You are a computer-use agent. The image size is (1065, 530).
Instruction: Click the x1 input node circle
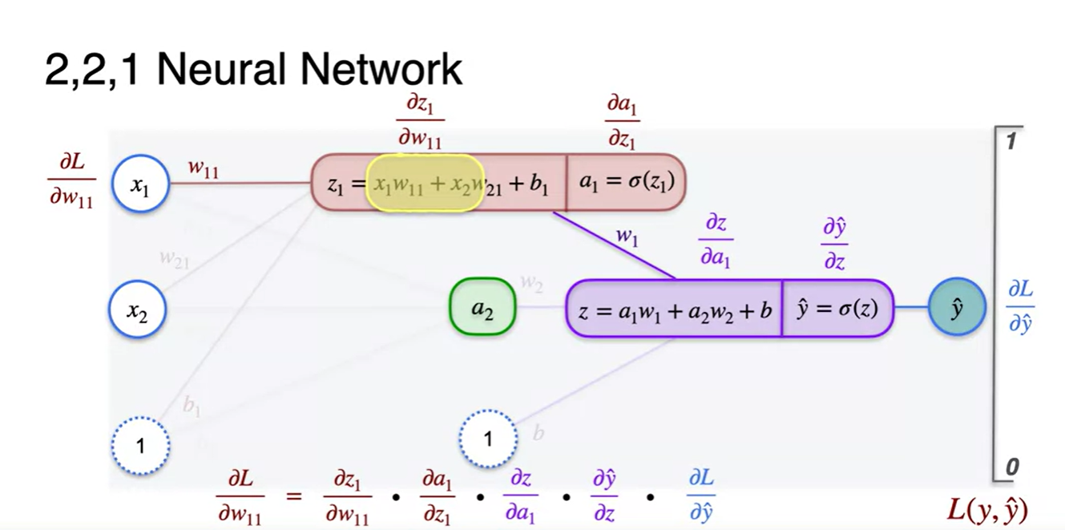tap(140, 186)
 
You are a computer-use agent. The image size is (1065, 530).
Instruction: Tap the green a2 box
tap(482, 308)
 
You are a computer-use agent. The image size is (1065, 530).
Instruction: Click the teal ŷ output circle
tap(956, 308)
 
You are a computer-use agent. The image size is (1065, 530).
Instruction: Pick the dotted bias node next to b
tap(489, 439)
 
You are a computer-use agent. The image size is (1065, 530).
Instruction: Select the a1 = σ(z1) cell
tap(626, 182)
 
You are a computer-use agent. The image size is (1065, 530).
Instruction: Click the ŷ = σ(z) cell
tap(837, 309)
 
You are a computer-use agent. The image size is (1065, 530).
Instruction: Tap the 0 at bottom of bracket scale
tap(1012, 467)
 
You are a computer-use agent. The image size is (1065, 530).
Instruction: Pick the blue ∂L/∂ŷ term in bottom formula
tap(701, 496)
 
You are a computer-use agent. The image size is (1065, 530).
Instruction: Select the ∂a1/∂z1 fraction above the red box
tap(621, 122)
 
